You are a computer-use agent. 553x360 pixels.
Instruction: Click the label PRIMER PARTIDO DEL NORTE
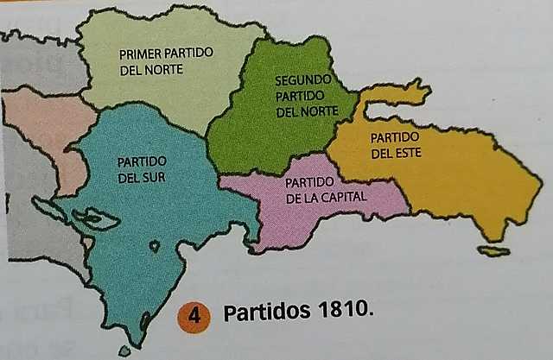pyautogui.click(x=166, y=61)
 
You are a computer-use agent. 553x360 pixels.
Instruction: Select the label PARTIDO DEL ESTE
pyautogui.click(x=394, y=145)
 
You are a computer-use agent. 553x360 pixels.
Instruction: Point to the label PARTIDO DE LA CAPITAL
pyautogui.click(x=326, y=190)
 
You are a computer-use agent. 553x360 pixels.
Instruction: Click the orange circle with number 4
pyautogui.click(x=194, y=315)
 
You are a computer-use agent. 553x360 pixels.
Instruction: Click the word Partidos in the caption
pyautogui.click(x=263, y=313)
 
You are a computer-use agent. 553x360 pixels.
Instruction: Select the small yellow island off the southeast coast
pyautogui.click(x=493, y=251)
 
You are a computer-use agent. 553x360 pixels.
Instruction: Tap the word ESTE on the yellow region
pyautogui.click(x=394, y=154)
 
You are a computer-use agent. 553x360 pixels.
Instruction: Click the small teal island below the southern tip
pyautogui.click(x=124, y=351)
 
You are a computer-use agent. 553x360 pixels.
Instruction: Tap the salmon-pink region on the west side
pyautogui.click(x=48, y=129)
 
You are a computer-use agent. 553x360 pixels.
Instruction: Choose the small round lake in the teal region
pyautogui.click(x=154, y=246)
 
